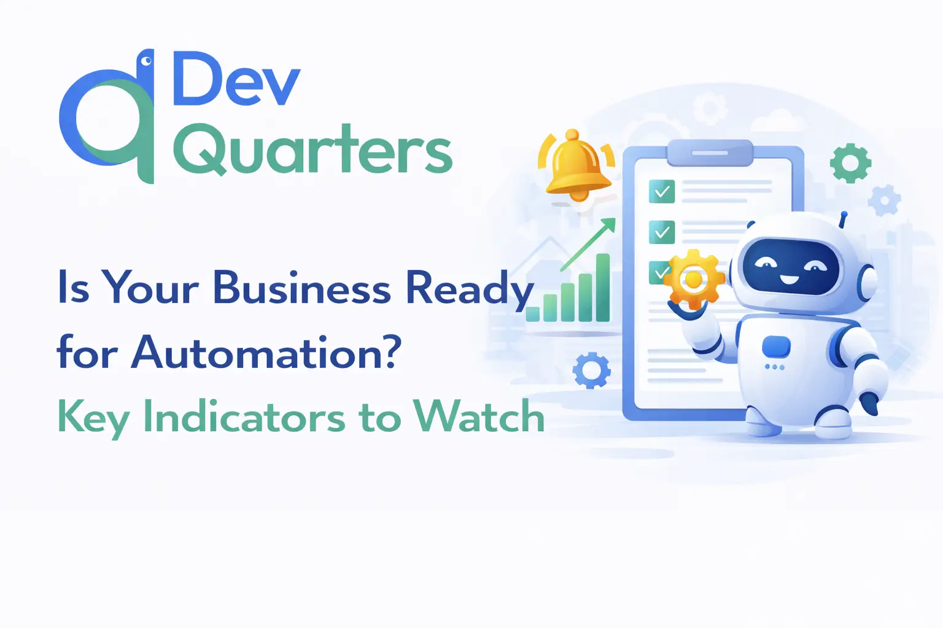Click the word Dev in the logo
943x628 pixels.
tap(236, 78)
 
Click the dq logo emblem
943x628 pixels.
tap(107, 117)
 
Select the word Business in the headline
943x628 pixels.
tap(302, 289)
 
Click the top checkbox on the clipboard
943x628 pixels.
tap(662, 191)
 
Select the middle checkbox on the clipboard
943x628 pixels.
tap(662, 232)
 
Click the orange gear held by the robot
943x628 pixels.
tap(694, 278)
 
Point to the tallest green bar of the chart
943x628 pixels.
tap(603, 287)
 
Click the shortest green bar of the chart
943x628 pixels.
tap(532, 314)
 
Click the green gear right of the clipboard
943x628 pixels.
tap(850, 163)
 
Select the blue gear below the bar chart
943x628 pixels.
tap(591, 370)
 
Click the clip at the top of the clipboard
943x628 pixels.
tap(710, 153)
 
